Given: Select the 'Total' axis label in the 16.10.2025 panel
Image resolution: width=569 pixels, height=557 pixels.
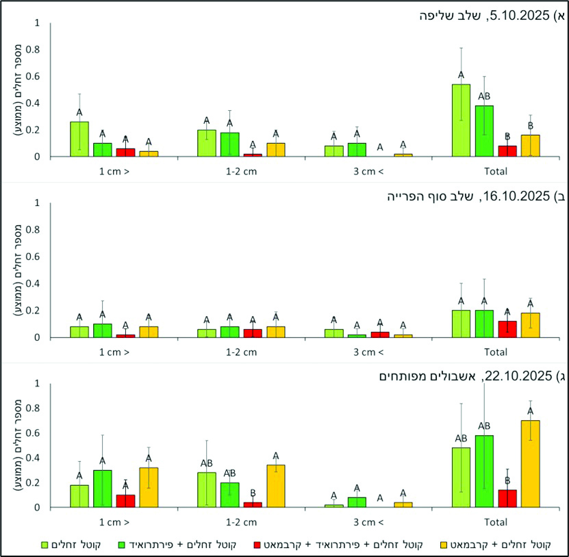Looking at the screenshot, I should [495, 352].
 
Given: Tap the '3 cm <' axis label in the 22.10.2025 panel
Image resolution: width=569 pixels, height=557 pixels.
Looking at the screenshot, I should [369, 522].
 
